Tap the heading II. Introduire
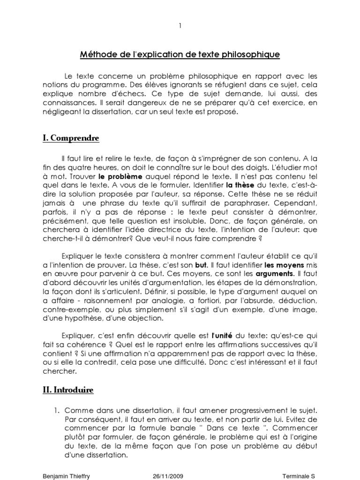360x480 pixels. tap(67, 390)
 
